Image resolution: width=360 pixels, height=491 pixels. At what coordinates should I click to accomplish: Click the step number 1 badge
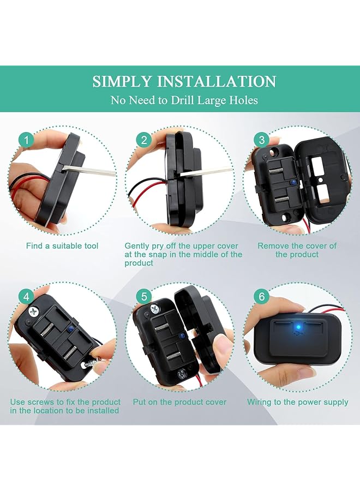coord(26,140)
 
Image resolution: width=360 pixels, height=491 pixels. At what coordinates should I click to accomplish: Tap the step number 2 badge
coord(144,140)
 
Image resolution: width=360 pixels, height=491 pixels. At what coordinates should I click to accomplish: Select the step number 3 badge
coord(262,140)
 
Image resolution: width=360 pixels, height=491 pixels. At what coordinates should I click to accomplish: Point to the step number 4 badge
coord(26,297)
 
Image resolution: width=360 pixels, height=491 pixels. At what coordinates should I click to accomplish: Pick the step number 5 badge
coord(144,297)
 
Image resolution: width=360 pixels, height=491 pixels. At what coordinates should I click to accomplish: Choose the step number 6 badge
coord(262,297)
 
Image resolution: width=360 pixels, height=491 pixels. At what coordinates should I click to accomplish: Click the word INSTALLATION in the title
coord(217,82)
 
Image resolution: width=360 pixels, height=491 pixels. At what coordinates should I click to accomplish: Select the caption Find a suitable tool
coord(62,246)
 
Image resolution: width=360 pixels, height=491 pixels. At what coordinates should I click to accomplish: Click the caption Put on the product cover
coord(179,402)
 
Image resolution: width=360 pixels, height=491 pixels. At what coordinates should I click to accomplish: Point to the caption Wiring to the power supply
coord(297,402)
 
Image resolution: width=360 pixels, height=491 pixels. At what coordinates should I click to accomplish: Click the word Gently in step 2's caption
coord(137,246)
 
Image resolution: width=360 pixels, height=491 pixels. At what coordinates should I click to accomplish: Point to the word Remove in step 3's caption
coord(273,246)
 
